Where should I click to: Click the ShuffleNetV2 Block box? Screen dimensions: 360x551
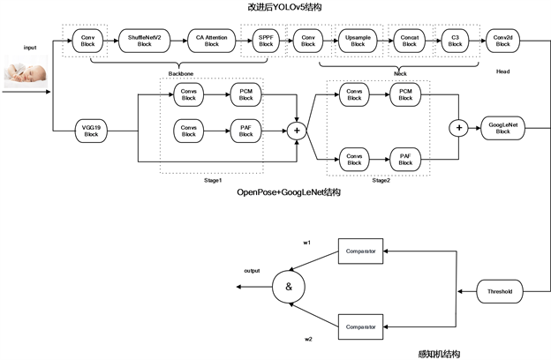146,41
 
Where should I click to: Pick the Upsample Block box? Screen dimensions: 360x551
357,41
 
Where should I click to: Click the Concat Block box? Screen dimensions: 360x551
409,41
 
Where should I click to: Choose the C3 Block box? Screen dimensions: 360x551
454,41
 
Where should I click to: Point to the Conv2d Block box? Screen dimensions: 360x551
503,41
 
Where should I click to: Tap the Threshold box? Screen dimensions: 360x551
500,289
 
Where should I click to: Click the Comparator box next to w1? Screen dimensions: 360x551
359,252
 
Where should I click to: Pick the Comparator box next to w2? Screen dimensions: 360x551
359,326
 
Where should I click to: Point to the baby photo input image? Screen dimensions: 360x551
26,73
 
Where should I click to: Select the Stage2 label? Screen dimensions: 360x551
381,179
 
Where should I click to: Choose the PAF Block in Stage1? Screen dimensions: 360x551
246,131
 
